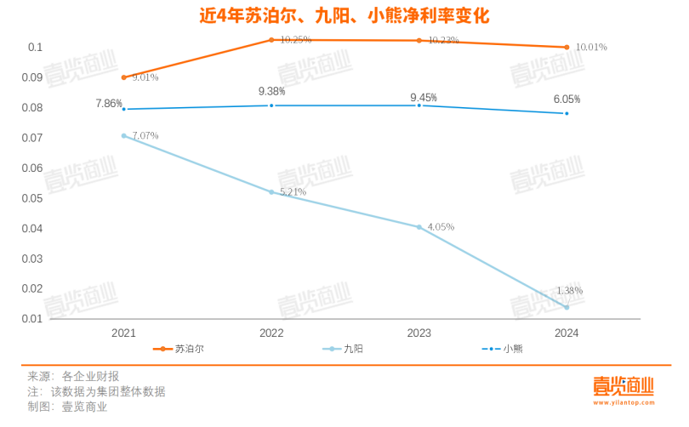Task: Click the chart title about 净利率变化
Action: click(x=344, y=16)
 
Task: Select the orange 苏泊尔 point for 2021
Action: click(x=124, y=77)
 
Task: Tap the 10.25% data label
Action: click(x=295, y=40)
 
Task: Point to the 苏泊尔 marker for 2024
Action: click(x=567, y=48)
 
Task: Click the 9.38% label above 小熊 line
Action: click(x=271, y=91)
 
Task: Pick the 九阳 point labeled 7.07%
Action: click(x=124, y=136)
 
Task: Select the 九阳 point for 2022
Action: click(x=271, y=192)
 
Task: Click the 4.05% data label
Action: click(x=441, y=227)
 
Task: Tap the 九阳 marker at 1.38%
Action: click(x=567, y=307)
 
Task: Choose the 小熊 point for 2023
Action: click(x=419, y=105)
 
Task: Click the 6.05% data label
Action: click(x=567, y=99)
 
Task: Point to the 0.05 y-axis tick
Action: click(x=31, y=198)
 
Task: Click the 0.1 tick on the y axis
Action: click(x=35, y=48)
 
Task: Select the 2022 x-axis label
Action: click(x=271, y=333)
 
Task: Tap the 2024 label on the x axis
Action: click(x=566, y=333)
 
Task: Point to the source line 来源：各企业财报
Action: click(x=73, y=376)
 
